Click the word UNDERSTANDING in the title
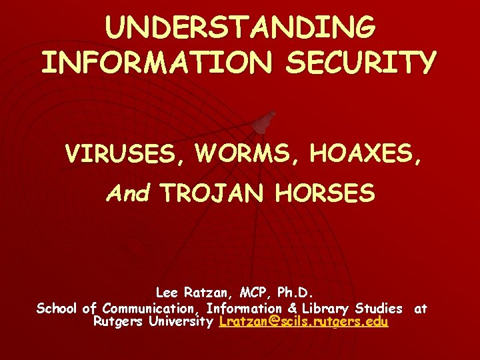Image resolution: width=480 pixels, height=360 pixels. point(240,28)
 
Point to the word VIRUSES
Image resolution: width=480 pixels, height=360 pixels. point(113,154)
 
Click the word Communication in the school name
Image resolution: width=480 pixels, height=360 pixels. point(151,308)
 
